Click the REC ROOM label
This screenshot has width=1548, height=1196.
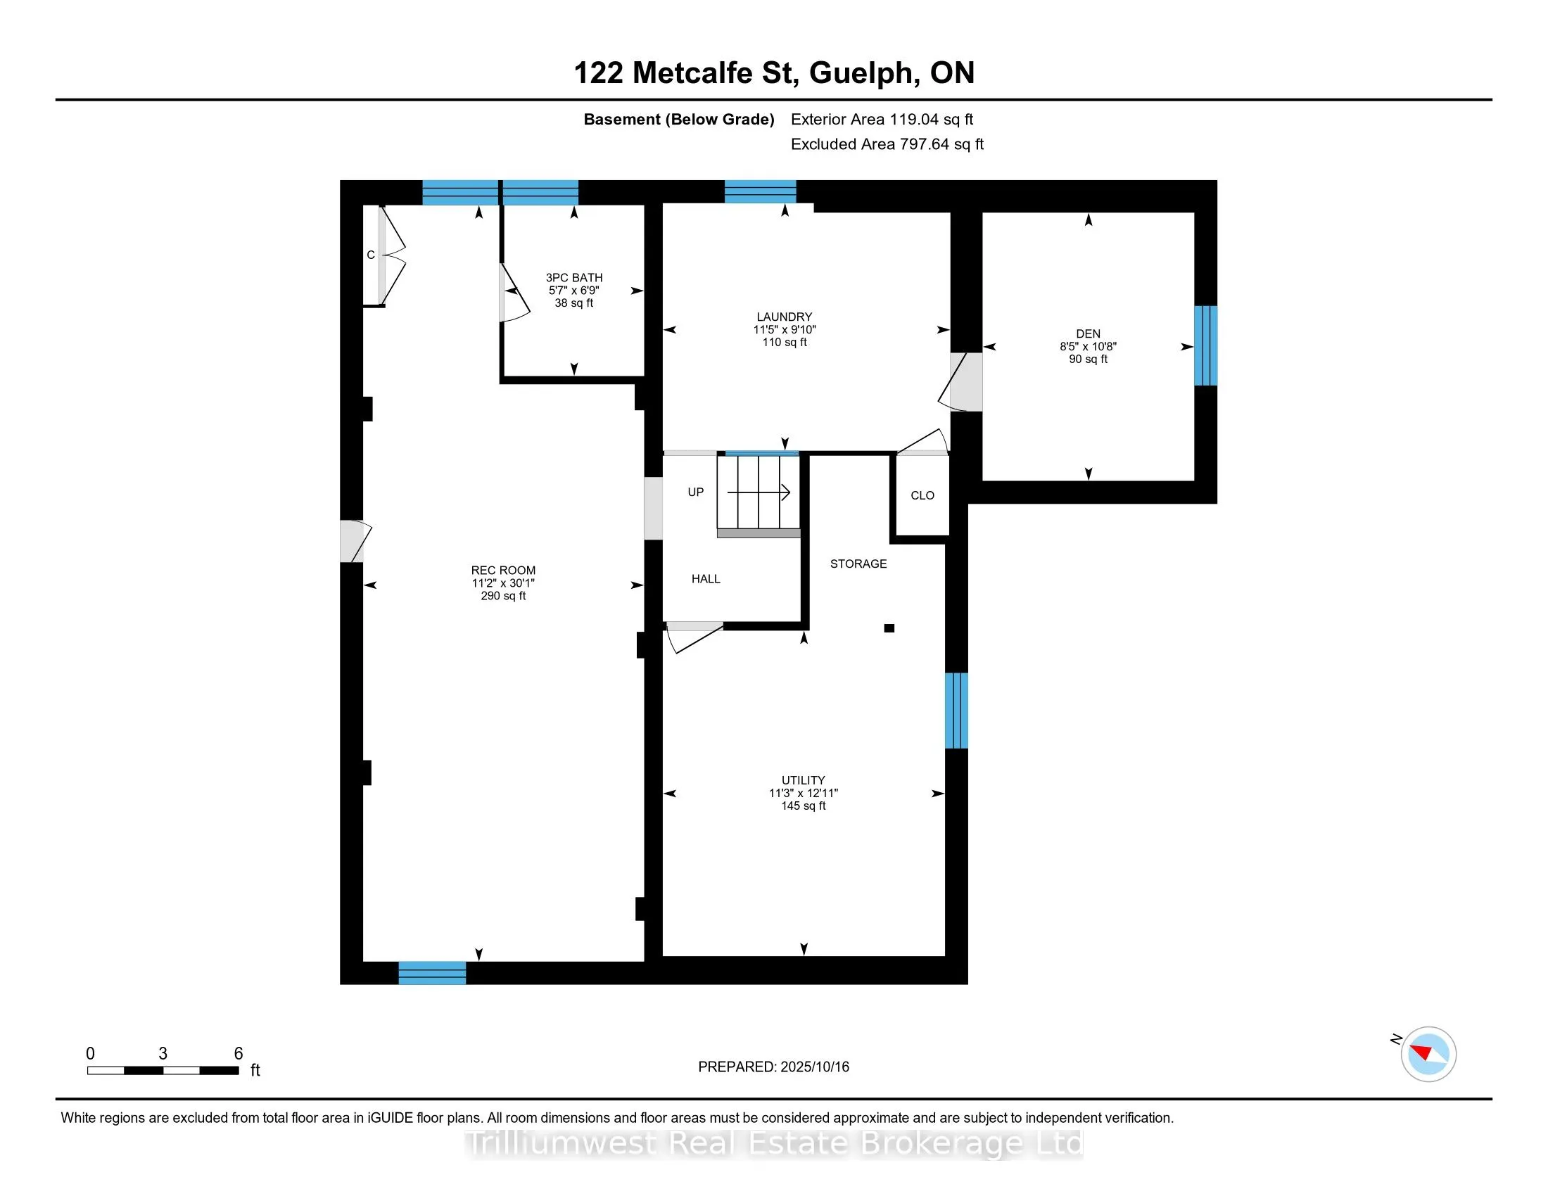click(503, 571)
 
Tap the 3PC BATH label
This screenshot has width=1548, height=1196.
click(574, 278)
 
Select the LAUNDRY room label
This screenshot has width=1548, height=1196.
click(784, 317)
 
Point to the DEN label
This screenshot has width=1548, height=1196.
click(1088, 333)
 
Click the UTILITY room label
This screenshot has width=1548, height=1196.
click(803, 780)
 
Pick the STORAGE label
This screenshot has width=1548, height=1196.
click(858, 564)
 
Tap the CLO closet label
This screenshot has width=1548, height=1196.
click(922, 495)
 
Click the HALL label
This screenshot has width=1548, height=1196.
click(706, 579)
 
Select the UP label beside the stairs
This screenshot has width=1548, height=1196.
click(695, 492)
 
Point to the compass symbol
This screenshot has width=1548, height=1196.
click(1428, 1054)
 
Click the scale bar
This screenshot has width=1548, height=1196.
click(163, 1071)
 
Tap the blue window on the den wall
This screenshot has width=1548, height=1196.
click(1205, 345)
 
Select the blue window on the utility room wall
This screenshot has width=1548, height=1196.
click(956, 711)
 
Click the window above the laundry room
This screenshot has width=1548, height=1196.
click(760, 192)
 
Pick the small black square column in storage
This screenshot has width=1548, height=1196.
click(889, 628)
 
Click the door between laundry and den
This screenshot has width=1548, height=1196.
click(961, 382)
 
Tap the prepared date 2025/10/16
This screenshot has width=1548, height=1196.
click(814, 1067)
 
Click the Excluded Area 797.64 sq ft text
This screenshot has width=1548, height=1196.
click(887, 144)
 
